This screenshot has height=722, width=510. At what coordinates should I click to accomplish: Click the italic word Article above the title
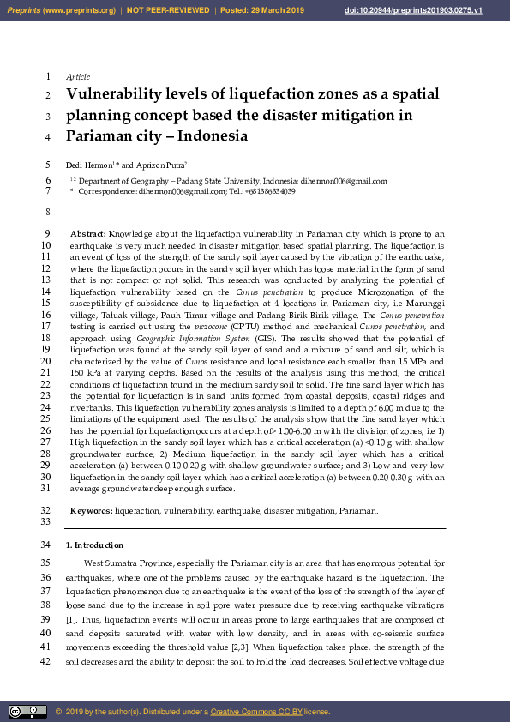(x=78, y=77)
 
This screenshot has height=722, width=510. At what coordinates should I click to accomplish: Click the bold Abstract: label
(x=88, y=233)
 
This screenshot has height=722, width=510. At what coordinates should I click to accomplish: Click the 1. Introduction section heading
(x=94, y=545)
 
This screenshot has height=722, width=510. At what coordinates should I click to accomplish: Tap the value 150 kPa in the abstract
(x=86, y=374)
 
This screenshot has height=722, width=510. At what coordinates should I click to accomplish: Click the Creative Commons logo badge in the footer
(x=28, y=711)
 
